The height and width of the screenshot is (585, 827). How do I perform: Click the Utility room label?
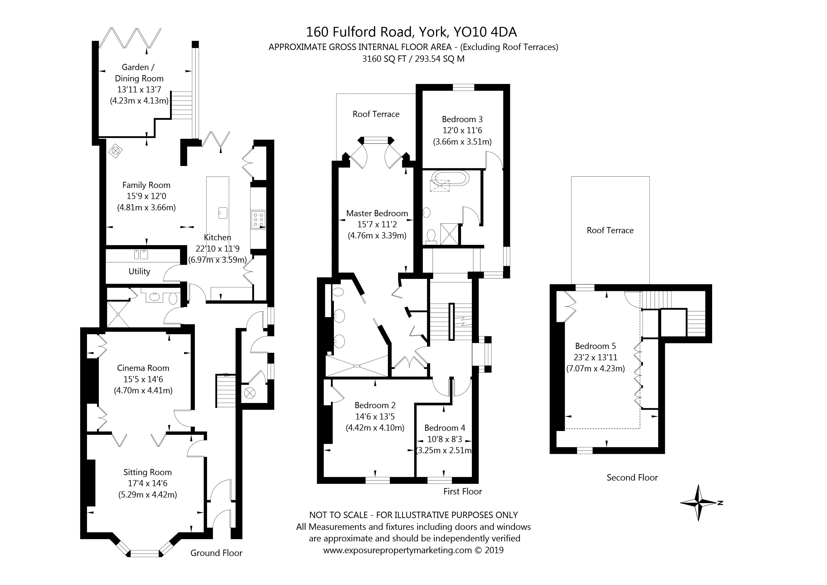(139, 271)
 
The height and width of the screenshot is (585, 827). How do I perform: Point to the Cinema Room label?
(143, 368)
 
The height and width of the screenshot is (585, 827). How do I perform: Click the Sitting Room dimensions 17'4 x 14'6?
(147, 483)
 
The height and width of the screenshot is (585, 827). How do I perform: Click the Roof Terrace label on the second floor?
(610, 230)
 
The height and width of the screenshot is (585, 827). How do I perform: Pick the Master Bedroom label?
(377, 213)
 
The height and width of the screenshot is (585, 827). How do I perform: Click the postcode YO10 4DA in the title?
(485, 32)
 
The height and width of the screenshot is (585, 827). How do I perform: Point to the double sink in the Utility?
(141, 254)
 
